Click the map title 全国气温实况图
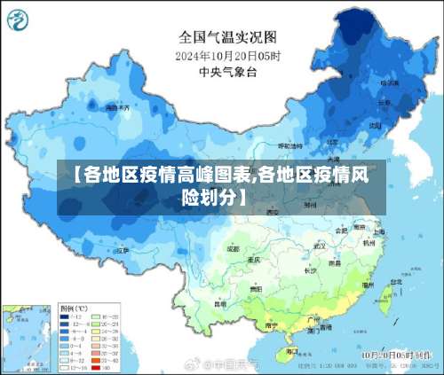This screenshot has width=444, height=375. click(228, 37)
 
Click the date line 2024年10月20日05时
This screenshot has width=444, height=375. click(228, 56)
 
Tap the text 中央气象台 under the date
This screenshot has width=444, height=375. click(228, 72)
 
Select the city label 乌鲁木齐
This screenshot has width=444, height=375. click(117, 107)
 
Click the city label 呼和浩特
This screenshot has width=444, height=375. click(290, 145)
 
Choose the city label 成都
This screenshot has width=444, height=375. click(233, 249)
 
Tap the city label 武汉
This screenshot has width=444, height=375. click(313, 249)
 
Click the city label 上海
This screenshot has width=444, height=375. click(378, 232)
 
